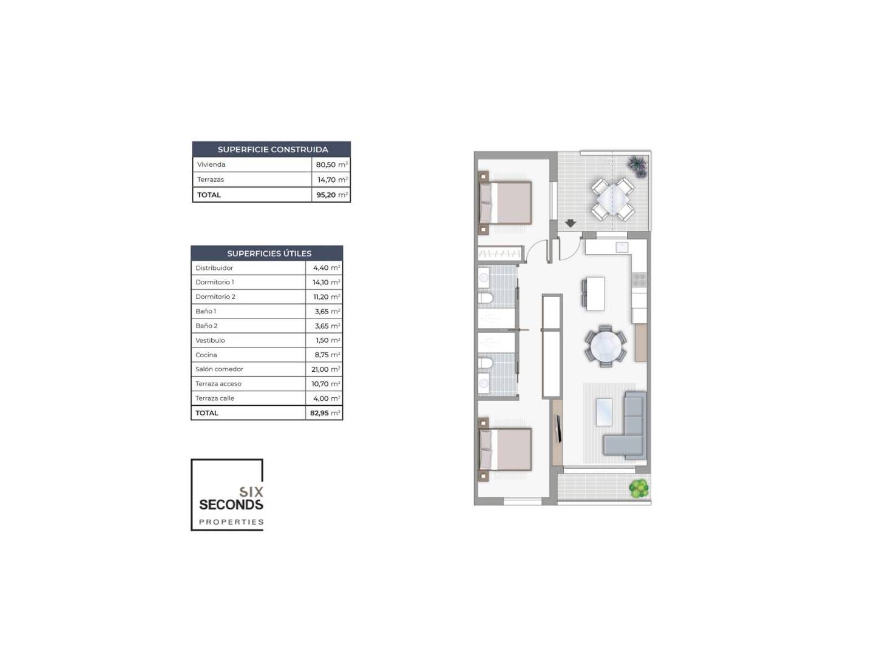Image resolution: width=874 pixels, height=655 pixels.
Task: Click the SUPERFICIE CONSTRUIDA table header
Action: (x=273, y=150)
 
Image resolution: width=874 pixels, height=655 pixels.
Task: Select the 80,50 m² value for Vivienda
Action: (x=331, y=164)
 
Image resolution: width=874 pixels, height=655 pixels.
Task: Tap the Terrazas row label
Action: (x=210, y=180)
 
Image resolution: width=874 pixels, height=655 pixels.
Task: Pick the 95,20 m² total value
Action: (x=331, y=195)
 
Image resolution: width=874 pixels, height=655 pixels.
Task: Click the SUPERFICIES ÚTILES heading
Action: (x=269, y=254)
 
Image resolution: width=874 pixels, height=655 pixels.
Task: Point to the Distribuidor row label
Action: (x=214, y=268)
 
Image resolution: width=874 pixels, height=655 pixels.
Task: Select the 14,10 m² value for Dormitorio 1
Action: (x=326, y=283)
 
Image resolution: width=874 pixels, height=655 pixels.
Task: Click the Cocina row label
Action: (x=206, y=355)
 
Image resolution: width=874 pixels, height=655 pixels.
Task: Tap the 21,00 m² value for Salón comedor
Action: (x=325, y=369)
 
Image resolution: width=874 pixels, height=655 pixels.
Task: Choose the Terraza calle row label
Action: (x=215, y=398)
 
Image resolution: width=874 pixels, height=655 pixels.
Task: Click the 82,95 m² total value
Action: (x=325, y=413)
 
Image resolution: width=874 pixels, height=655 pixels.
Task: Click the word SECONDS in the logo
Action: (x=231, y=505)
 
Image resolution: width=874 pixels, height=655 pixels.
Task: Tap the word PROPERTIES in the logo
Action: (x=231, y=522)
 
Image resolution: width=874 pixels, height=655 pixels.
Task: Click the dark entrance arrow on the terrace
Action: (x=570, y=223)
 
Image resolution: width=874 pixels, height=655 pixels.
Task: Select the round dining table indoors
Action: (x=606, y=346)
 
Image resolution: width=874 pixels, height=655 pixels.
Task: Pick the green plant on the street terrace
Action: (x=639, y=489)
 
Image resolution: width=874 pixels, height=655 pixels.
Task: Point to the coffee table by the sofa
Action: (x=604, y=412)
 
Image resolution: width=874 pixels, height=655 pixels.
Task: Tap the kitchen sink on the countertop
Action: (x=622, y=247)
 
